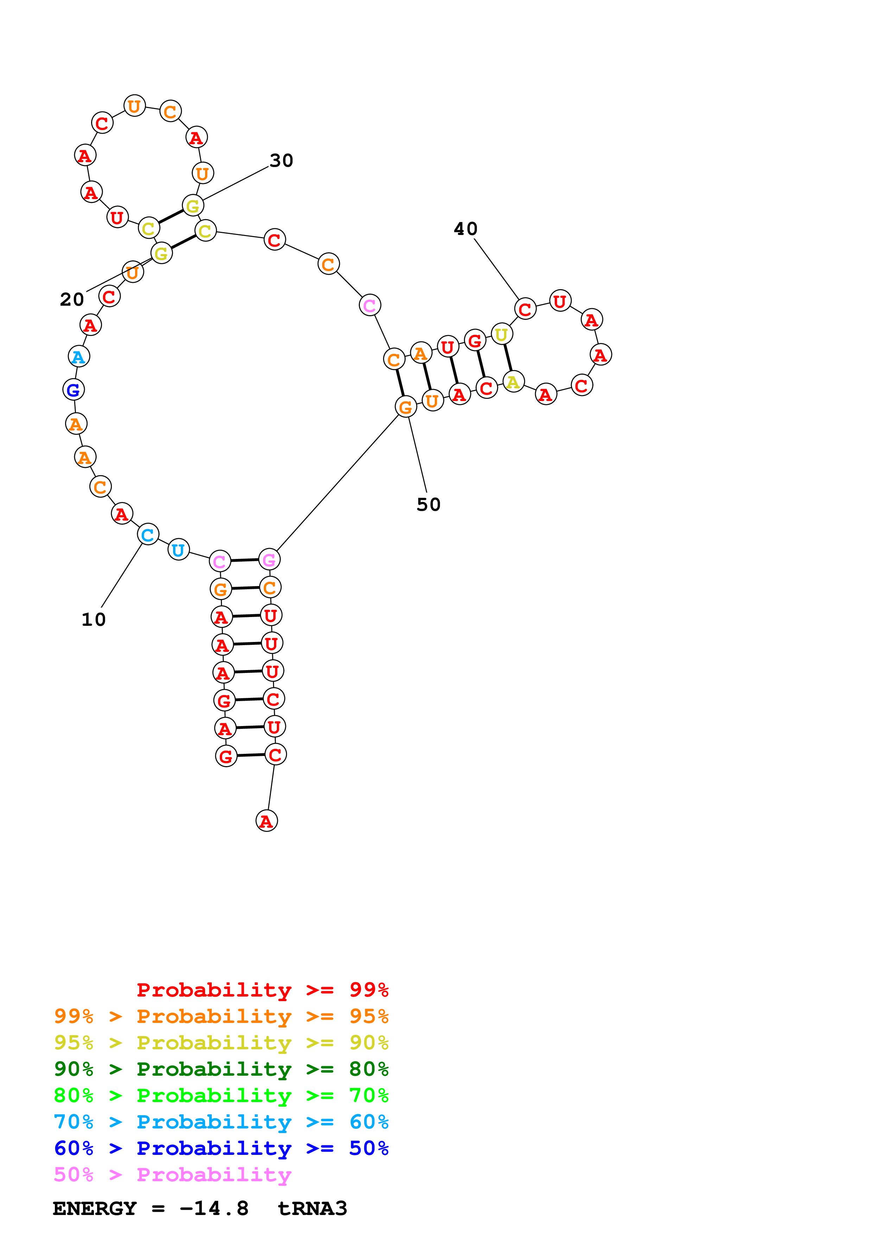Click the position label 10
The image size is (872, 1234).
click(x=94, y=620)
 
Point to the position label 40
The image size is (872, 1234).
click(x=465, y=229)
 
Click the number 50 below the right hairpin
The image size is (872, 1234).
click(x=428, y=505)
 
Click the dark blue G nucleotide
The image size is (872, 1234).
click(x=74, y=390)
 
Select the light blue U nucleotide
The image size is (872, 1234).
click(x=178, y=550)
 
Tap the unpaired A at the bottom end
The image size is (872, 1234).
click(x=267, y=821)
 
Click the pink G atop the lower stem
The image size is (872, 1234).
click(x=269, y=560)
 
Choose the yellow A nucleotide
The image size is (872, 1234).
click(x=514, y=382)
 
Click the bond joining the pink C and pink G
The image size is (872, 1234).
click(x=244, y=561)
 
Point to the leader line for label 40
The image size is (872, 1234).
click(x=497, y=269)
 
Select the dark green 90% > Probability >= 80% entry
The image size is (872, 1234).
click(x=221, y=1069)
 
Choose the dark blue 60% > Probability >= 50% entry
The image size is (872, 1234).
click(x=221, y=1148)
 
